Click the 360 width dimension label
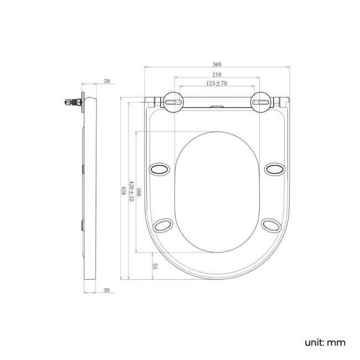(217, 64)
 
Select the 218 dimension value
(217, 74)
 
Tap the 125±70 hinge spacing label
(217, 83)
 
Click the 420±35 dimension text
(131, 190)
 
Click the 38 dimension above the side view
(106, 81)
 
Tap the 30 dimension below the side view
(106, 290)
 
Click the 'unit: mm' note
(325, 342)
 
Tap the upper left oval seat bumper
(160, 168)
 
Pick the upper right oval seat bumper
(274, 168)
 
